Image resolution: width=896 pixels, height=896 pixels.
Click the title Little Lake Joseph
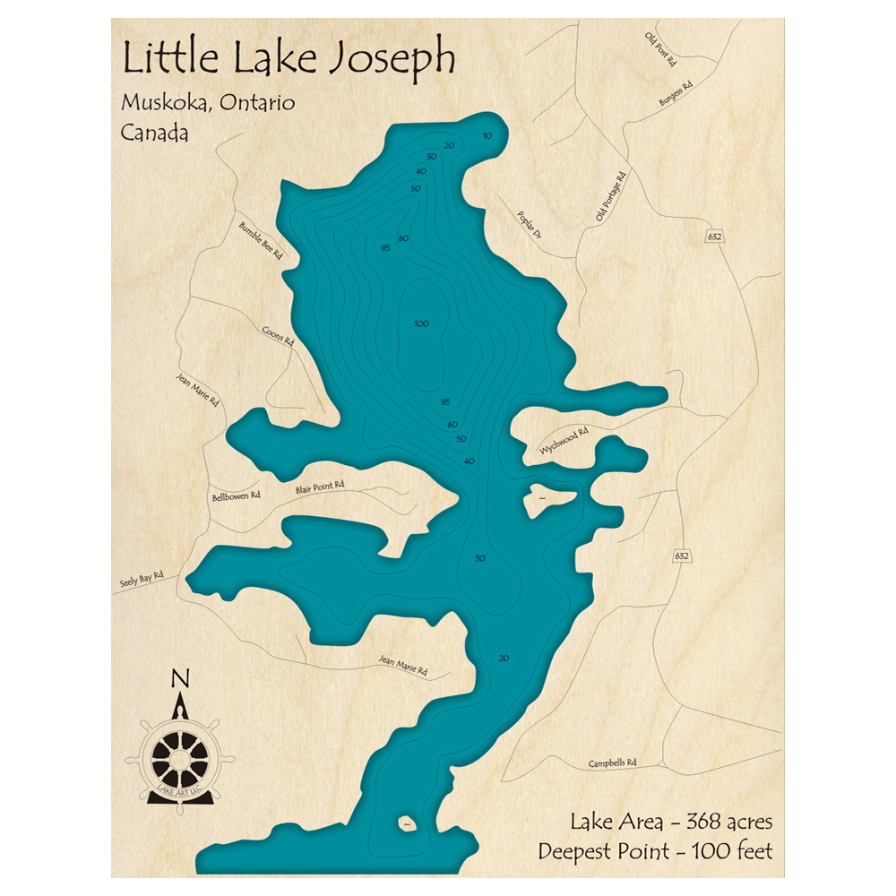tap(289, 58)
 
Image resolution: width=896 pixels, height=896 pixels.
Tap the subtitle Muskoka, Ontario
tap(208, 102)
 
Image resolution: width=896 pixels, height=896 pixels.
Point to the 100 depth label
tap(421, 323)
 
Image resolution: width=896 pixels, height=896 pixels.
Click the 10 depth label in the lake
tap(487, 136)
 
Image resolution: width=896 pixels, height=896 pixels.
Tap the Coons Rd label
tap(278, 335)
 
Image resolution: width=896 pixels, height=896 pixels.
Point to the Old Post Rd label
tap(659, 49)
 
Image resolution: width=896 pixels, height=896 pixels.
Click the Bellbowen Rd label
tap(236, 495)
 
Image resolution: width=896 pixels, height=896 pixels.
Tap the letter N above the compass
tap(180, 678)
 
